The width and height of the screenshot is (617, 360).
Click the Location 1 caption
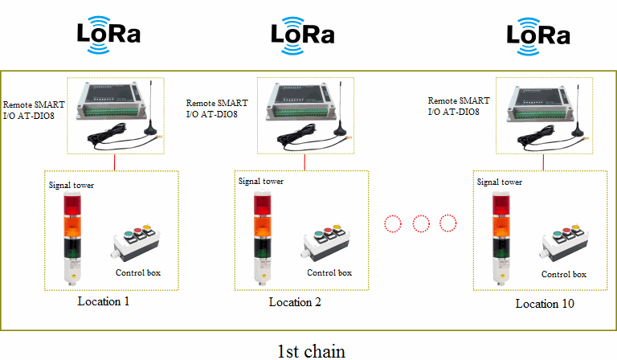coord(104,301)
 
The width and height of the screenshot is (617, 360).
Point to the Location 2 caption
coord(295,302)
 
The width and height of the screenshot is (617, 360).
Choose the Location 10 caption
coord(545,304)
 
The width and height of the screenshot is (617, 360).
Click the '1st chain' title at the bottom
coord(311,351)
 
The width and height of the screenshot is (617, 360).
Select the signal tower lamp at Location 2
coord(262,236)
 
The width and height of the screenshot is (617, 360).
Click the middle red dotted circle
coord(420,223)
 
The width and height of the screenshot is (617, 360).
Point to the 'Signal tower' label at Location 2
coord(261,181)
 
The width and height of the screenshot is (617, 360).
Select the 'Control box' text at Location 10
coord(563,274)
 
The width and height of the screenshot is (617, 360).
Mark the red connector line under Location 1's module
coord(115,162)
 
